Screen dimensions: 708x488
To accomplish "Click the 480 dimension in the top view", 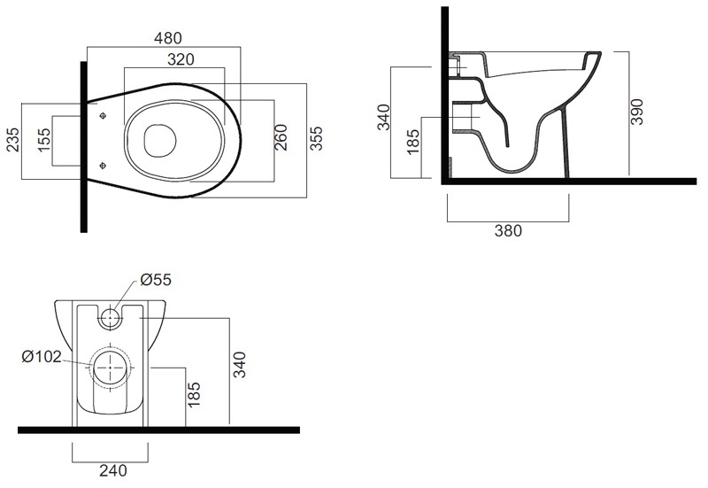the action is tap(168, 38).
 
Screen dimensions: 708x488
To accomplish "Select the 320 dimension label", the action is tap(181, 59).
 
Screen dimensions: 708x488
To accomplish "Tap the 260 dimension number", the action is tap(281, 137).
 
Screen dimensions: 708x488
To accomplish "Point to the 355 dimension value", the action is tap(316, 138).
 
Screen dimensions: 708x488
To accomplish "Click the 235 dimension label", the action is tap(12, 140).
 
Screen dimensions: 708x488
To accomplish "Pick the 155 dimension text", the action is tap(43, 140).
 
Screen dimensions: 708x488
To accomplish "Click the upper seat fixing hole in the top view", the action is tap(104, 116).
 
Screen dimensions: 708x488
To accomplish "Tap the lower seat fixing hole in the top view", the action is tap(104, 167).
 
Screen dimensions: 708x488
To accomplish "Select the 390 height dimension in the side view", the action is tap(636, 112).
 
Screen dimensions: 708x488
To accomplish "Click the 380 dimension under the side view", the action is tap(508, 231).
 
